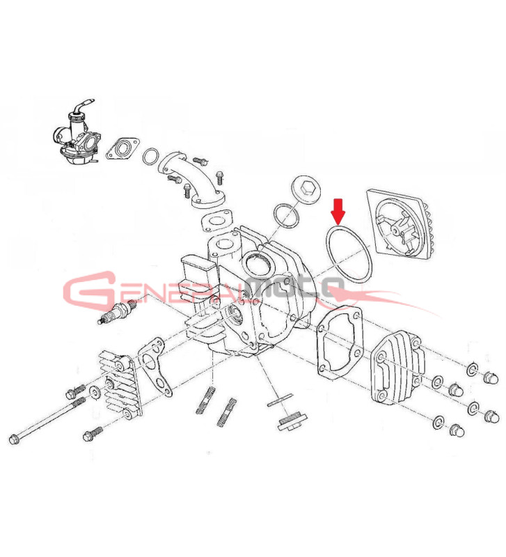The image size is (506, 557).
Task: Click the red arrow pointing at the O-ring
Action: point(338,211)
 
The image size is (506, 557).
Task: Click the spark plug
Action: point(118,312)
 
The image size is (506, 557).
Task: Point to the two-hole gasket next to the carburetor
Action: point(123,148)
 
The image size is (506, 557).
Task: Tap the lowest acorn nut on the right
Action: point(457,430)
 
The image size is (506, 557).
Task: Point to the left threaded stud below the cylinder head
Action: point(205,400)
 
